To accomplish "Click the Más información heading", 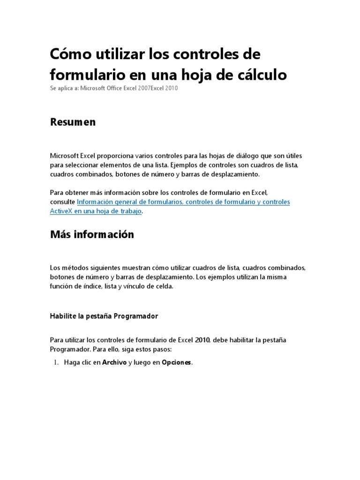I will (92, 234).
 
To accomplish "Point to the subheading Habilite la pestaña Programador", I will (104, 316).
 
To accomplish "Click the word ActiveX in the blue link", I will (61, 211).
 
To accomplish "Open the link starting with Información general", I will (183, 202).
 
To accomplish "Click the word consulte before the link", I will (62, 202).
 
